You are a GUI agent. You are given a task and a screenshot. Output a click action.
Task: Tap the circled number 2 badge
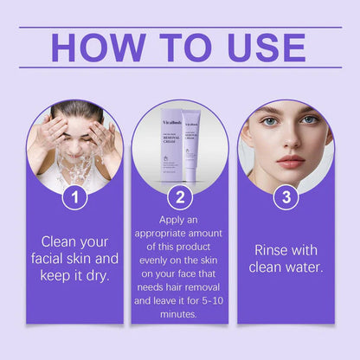[180, 198]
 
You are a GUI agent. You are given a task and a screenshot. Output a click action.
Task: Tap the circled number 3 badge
[286, 198]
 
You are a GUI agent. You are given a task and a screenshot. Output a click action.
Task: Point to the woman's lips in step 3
[291, 162]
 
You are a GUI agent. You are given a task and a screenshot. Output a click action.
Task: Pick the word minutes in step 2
[180, 316]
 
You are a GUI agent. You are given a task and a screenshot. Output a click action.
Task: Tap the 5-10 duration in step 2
[207, 300]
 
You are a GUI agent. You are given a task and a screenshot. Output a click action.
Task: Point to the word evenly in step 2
[153, 268]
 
